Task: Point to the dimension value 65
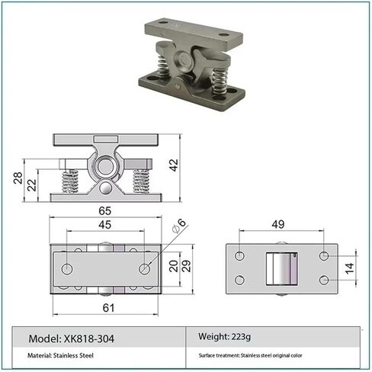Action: [x=104, y=210]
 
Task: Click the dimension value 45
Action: [x=104, y=225]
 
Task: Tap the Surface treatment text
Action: [x=261, y=355]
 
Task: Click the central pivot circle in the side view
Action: [x=104, y=167]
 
